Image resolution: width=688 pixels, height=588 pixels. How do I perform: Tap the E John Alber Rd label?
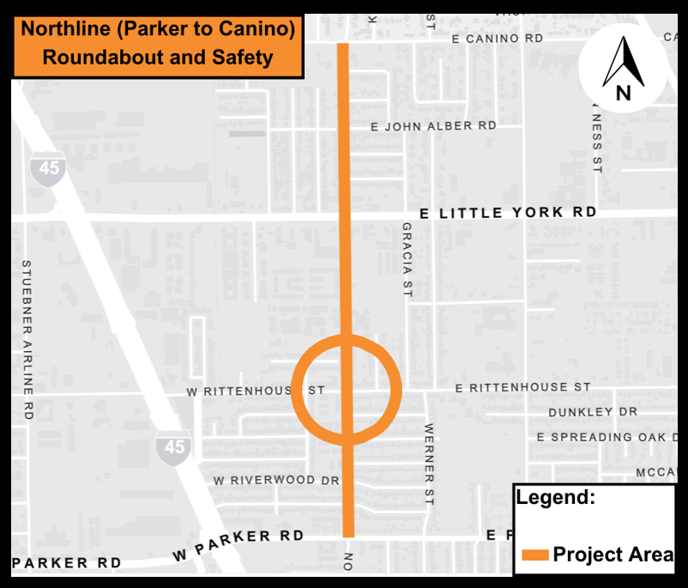(433, 126)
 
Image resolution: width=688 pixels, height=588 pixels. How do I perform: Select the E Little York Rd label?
(508, 213)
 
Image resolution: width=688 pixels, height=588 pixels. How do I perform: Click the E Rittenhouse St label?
(523, 388)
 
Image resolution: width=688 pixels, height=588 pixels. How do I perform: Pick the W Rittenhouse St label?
(256, 391)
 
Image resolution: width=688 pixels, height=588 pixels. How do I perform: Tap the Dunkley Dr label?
(593, 412)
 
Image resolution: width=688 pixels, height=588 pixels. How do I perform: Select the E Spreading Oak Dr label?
(607, 437)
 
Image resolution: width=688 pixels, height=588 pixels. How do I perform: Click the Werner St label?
(430, 464)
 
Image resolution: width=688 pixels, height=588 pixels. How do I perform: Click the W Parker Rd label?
(238, 544)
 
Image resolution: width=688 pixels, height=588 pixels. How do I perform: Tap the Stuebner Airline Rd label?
(27, 339)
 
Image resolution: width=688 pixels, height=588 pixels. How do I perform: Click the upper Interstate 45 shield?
(49, 167)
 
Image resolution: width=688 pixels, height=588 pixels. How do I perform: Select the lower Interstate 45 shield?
(174, 447)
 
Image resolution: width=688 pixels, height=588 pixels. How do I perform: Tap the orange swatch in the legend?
(534, 555)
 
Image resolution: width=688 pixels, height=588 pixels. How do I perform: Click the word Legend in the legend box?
(555, 497)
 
